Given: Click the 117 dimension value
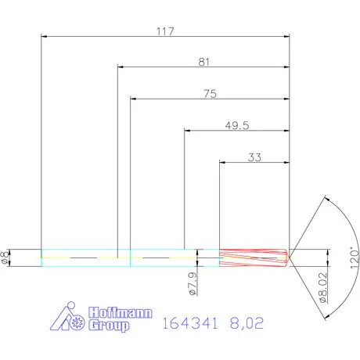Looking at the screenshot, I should [164, 32].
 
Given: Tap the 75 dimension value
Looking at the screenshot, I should [209, 92].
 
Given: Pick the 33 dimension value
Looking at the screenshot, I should [254, 157].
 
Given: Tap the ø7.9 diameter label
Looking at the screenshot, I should [190, 289].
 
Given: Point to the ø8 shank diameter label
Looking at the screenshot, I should [6, 257].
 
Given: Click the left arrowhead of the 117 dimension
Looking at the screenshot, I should [44, 36].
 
